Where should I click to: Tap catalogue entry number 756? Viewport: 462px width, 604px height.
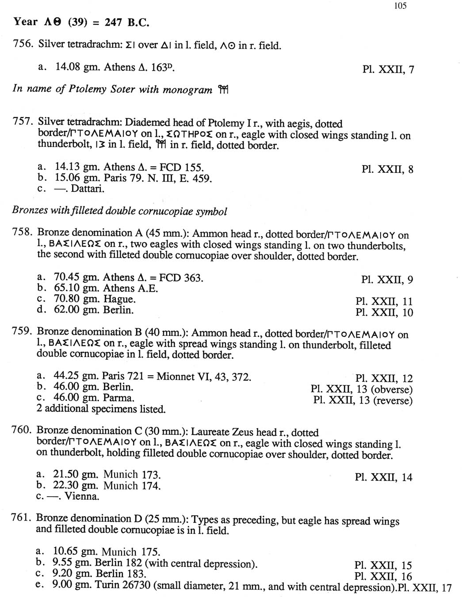(22, 44)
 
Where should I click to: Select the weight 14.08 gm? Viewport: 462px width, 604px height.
(73, 67)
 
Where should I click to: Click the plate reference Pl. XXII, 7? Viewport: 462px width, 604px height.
(388, 69)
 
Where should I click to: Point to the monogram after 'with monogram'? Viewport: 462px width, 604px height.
(222, 90)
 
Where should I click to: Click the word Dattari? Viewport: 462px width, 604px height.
(88, 189)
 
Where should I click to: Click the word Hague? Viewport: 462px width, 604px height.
(119, 299)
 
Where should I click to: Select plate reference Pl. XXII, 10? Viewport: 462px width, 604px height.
(384, 313)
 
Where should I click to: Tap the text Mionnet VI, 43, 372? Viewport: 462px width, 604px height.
(204, 376)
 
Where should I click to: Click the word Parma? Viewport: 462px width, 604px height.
(118, 398)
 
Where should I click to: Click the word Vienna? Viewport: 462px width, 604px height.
(82, 496)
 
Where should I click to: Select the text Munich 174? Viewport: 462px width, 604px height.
(132, 486)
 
